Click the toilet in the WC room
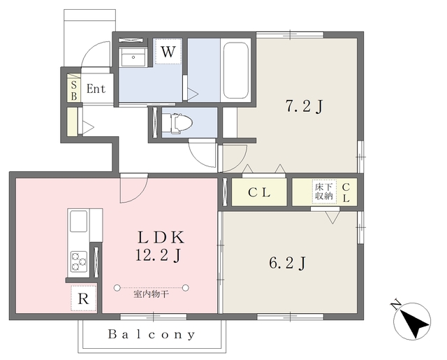(x=182, y=123)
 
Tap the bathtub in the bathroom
(x=236, y=70)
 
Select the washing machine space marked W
(x=168, y=52)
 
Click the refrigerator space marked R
(x=84, y=298)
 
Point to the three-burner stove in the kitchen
(x=79, y=261)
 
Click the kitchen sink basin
(x=78, y=222)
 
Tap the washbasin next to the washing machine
(x=133, y=57)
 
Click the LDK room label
(x=161, y=238)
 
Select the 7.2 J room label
(x=305, y=107)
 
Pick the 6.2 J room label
(x=288, y=263)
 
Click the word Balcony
(x=152, y=334)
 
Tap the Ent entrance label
(x=96, y=89)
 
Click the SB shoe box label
(x=74, y=91)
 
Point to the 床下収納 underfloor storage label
(x=324, y=192)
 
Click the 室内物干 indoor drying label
(x=151, y=294)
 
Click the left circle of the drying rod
(x=117, y=288)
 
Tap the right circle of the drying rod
(x=186, y=288)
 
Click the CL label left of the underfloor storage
(x=259, y=193)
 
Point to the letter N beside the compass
(x=395, y=305)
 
